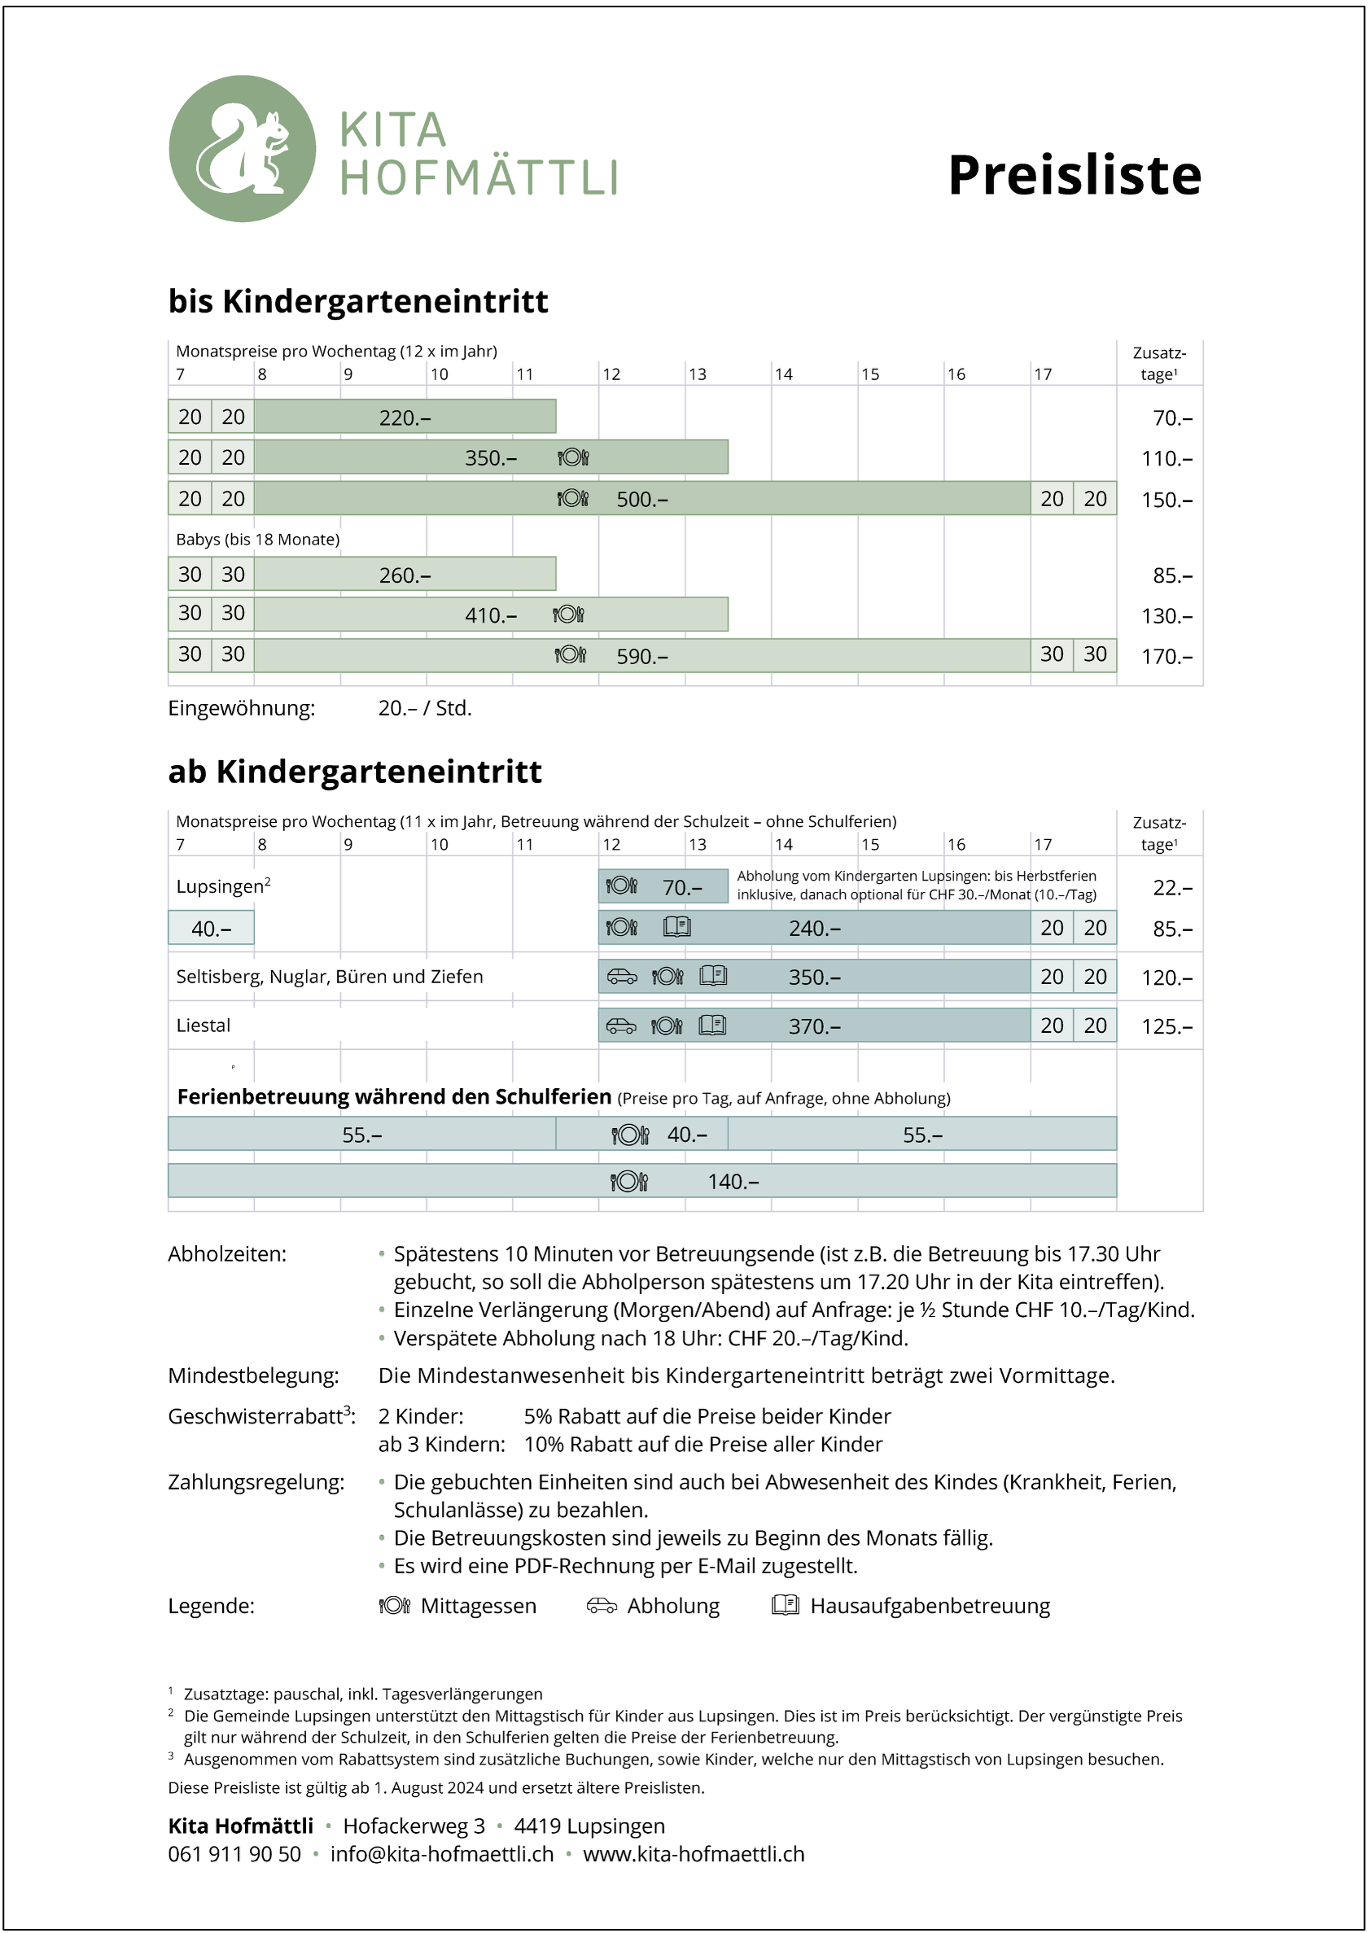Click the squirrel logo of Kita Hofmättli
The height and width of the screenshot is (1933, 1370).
(242, 149)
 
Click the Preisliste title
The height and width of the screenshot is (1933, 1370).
(1074, 176)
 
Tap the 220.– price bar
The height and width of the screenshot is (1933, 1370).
(405, 418)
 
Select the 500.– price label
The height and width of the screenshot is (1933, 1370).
(642, 499)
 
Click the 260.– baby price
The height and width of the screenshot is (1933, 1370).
(405, 575)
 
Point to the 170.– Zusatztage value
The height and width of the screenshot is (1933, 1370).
(1166, 656)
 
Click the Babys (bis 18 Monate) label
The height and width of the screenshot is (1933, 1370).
(257, 539)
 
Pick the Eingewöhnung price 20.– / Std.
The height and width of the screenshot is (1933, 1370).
(424, 708)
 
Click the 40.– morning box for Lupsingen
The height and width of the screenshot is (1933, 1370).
(211, 929)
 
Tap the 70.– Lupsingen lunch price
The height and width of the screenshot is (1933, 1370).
(681, 887)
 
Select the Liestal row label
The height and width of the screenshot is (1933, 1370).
(204, 1026)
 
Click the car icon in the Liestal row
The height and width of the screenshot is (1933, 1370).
(622, 1026)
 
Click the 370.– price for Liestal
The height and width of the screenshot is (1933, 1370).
(814, 1026)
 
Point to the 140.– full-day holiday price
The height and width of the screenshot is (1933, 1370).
(733, 1182)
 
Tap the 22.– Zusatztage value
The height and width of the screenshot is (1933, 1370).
(1172, 887)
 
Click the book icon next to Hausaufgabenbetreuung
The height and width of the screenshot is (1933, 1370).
(785, 1605)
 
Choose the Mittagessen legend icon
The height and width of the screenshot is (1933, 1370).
(394, 1605)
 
